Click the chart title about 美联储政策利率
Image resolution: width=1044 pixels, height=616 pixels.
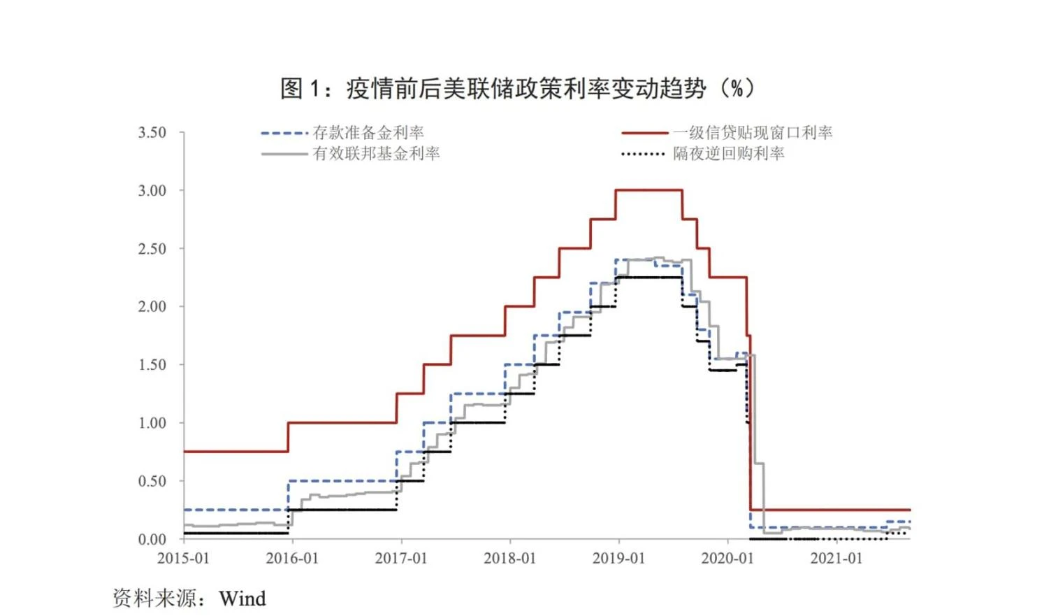(518, 89)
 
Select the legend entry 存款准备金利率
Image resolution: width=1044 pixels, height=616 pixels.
(368, 133)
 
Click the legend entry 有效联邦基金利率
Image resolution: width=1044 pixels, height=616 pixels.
(376, 154)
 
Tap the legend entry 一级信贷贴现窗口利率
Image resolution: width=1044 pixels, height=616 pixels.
(753, 133)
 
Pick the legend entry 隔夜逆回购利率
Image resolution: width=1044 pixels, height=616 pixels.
(728, 154)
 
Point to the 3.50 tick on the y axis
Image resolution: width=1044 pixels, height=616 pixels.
(152, 133)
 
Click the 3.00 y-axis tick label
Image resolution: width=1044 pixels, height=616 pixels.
(152, 191)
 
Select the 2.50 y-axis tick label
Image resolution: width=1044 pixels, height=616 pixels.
(152, 249)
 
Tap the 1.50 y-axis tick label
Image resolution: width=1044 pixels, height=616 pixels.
(152, 365)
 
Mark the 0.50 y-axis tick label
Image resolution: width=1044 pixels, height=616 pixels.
(152, 481)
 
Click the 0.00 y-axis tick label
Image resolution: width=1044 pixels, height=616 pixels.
(152, 539)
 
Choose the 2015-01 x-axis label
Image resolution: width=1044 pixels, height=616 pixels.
(183, 559)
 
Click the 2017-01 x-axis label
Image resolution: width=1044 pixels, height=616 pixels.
(400, 559)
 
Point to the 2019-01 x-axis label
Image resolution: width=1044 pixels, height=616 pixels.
(618, 559)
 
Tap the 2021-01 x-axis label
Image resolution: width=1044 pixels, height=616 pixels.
(836, 559)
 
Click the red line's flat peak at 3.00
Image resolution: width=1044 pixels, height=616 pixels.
(648, 190)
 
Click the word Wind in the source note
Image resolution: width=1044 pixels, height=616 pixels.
(242, 599)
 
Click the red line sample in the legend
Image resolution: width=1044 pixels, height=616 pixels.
(644, 133)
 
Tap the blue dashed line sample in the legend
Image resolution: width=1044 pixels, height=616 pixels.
(284, 133)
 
